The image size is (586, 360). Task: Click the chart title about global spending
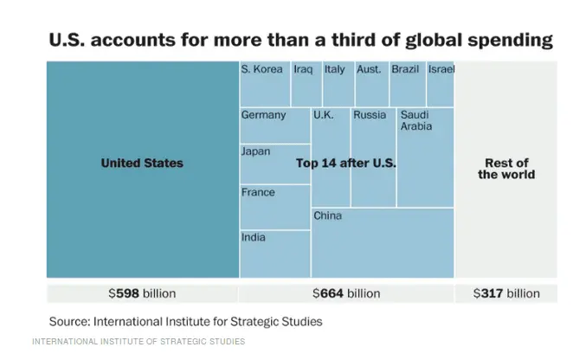[300, 40]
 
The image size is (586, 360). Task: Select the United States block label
[142, 163]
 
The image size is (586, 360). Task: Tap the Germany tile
[274, 125]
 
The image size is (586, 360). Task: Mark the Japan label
[255, 151]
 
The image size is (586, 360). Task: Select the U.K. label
[323, 114]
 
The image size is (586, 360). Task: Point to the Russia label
[370, 114]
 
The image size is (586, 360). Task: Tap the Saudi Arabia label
[415, 120]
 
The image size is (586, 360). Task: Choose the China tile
[382, 242]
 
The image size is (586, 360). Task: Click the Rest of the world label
[506, 169]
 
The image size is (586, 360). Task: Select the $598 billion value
[142, 293]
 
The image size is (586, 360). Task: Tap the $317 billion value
[506, 293]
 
